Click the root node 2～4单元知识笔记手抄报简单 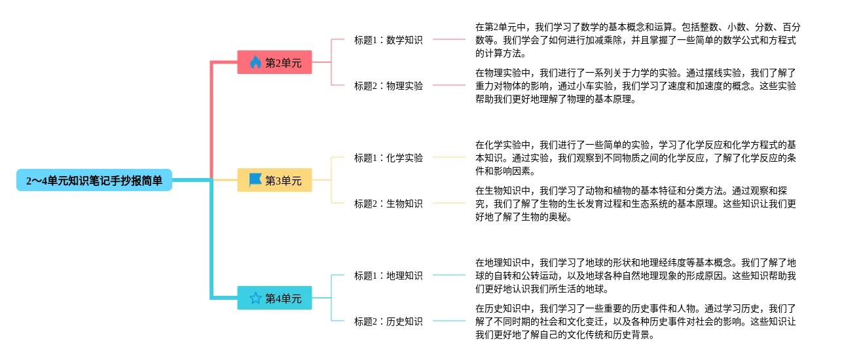coord(94,180)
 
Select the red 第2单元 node coord(274,62)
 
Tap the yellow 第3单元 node coord(274,180)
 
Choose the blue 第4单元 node coord(274,298)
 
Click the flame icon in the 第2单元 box coord(255,62)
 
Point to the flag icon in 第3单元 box coord(255,179)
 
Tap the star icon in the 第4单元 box coord(255,298)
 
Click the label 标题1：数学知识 coord(388,39)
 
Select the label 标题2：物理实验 coord(388,85)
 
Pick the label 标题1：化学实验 coord(388,157)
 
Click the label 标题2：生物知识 coord(388,203)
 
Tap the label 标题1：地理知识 coord(388,275)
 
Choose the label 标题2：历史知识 coord(388,321)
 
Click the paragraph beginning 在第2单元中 coord(636,40)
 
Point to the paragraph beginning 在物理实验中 coord(635,86)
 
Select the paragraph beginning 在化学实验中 coord(635,158)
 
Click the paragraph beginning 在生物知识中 coord(635,204)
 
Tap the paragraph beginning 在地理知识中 coord(635,276)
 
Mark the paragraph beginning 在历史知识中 coord(635,321)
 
